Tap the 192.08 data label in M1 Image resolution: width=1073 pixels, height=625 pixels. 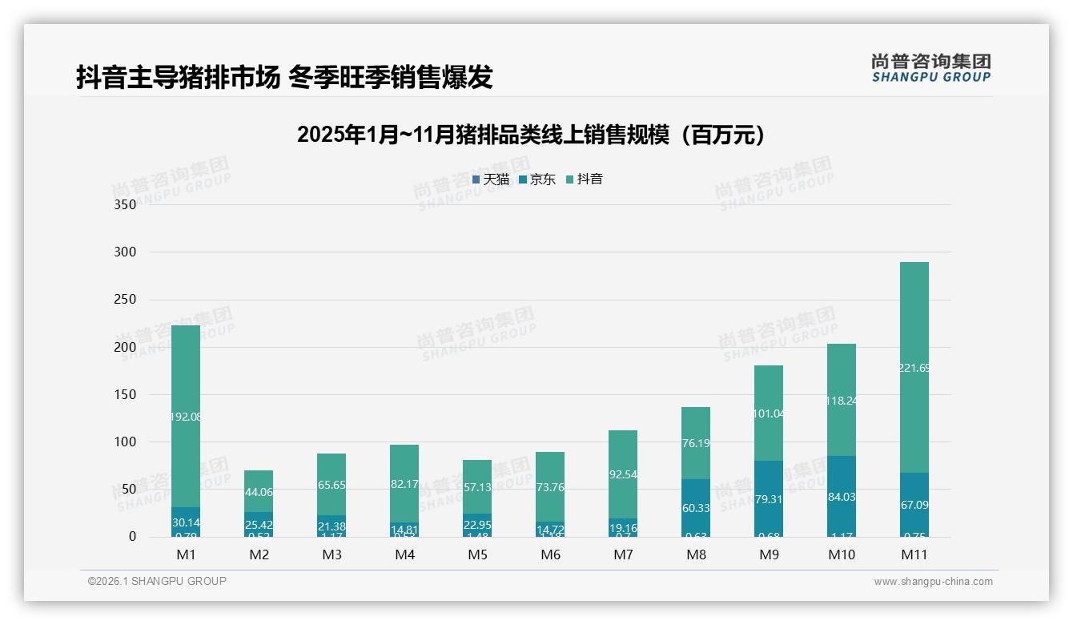point(186,417)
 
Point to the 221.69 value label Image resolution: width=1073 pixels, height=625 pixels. point(914,369)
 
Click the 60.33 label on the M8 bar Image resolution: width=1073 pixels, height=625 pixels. point(695,508)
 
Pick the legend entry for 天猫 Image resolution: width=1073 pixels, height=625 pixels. point(491,179)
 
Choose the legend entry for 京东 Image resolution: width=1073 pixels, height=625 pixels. point(537,179)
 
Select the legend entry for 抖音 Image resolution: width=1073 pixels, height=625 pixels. point(585,179)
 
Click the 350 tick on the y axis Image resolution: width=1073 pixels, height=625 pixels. point(124,204)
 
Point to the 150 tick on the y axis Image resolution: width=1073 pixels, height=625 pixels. point(124,394)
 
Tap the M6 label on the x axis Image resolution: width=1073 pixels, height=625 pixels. point(550,554)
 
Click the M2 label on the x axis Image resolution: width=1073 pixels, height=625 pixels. point(259,554)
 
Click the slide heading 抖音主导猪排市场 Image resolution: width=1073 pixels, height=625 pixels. point(284,77)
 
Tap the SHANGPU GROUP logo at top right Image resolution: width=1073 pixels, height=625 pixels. point(930,68)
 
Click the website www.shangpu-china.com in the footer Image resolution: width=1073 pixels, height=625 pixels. point(933,582)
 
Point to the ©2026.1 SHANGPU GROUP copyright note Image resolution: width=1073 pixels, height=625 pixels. point(157,581)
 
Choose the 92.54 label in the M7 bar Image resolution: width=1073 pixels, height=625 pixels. point(623,474)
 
